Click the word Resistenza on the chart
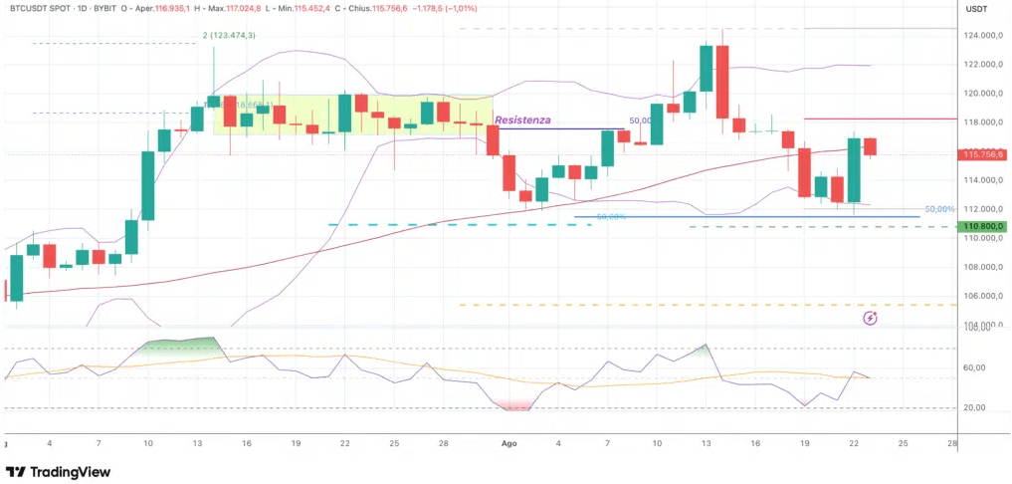tap(522, 120)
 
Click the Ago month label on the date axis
tap(509, 442)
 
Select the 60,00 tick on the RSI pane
tap(974, 368)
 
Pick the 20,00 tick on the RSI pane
tap(974, 408)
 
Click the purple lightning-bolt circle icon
tap(871, 318)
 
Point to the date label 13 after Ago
tap(706, 442)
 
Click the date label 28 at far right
tap(951, 442)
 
